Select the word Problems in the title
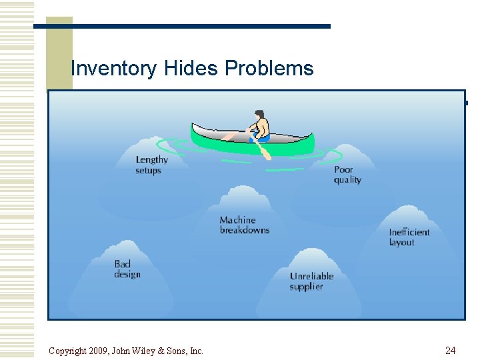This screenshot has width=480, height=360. click(269, 69)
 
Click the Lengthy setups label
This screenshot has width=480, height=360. click(151, 165)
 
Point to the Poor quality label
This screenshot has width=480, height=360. click(347, 175)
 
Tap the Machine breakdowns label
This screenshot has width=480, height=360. click(245, 225)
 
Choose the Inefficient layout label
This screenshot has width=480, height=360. click(409, 237)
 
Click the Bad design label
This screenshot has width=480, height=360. click(127, 269)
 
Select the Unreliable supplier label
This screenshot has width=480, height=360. click(311, 281)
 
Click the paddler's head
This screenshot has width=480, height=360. click(259, 115)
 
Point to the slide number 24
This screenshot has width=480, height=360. click(450, 351)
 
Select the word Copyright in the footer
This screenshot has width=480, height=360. click(68, 351)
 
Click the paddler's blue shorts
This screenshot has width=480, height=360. click(261, 138)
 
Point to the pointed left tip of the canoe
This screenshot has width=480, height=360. click(193, 125)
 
